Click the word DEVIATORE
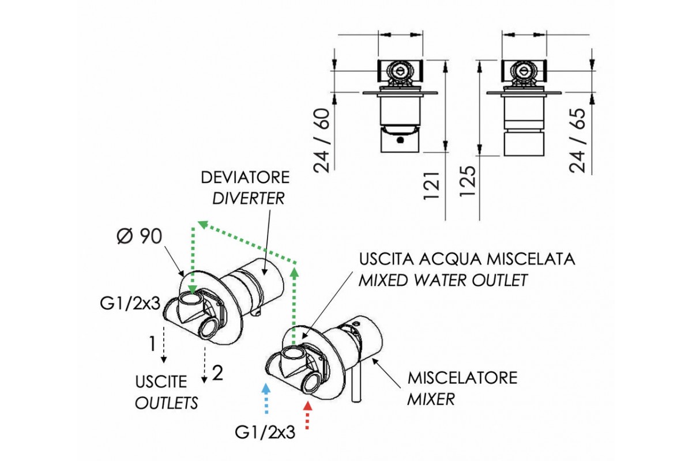tap(246, 176)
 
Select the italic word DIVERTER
tap(249, 198)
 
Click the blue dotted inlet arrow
tap(266, 399)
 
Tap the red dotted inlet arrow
tap(307, 415)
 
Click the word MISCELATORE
tap(462, 378)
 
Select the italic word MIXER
tap(431, 399)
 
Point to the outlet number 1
tap(152, 344)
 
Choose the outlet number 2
tap(217, 373)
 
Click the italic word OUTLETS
tap(166, 402)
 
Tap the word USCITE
tap(161, 381)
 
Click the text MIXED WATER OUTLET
tap(443, 281)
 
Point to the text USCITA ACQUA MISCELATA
tap(467, 259)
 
